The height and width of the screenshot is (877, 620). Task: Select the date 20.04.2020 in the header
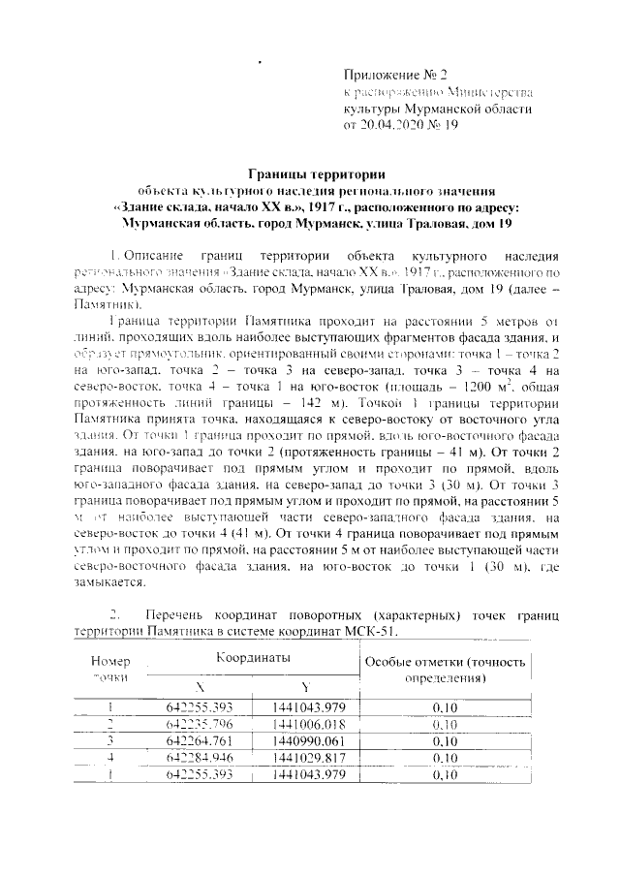tap(390, 125)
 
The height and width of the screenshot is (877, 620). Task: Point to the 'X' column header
tap(200, 685)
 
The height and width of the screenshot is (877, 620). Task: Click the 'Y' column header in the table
tap(304, 685)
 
